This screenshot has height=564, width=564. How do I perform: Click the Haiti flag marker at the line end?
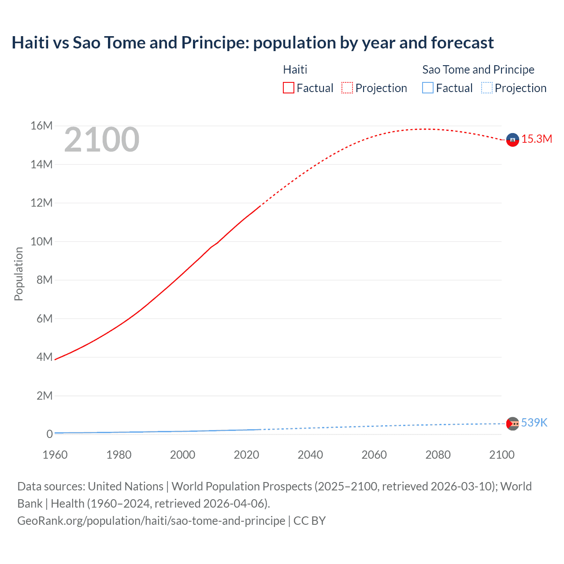tap(512, 140)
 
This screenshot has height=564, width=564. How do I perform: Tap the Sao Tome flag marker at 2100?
tap(512, 423)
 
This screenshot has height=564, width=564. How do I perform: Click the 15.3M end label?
tap(537, 139)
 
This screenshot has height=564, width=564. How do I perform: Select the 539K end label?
tap(534, 423)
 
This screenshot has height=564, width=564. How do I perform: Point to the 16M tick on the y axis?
tap(41, 126)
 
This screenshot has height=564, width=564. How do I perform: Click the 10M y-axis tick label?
tap(41, 241)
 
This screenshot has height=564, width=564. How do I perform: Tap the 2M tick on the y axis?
tap(44, 396)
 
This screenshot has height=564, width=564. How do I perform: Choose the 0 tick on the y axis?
tap(49, 434)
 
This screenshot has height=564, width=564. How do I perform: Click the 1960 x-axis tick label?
tap(55, 455)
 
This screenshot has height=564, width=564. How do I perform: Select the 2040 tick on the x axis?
tap(310, 455)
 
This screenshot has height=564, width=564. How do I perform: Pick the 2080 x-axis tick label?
tap(438, 455)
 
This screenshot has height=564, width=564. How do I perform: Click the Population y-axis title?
tap(19, 274)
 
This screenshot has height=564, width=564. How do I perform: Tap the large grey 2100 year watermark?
tap(102, 140)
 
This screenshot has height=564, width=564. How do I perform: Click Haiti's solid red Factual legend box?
tap(289, 88)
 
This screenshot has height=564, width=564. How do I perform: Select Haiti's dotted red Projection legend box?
tap(347, 88)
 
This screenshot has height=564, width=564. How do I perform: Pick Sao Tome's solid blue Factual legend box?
tap(428, 88)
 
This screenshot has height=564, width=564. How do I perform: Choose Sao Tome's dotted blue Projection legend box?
tap(486, 88)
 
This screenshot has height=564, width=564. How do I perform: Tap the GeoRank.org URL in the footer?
tap(151, 521)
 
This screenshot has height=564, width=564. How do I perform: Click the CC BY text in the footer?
tap(309, 521)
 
